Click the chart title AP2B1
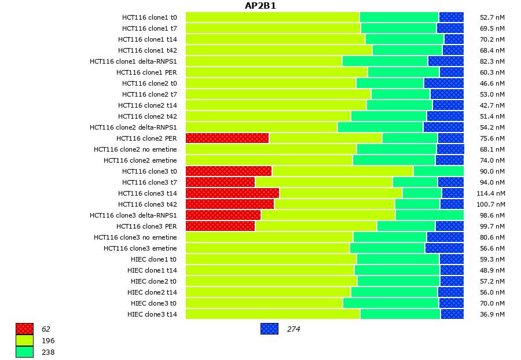[x=260, y=6]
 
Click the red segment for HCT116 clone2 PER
[x=227, y=138]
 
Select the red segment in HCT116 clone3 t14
[x=232, y=193]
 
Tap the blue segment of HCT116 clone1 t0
[x=451, y=17]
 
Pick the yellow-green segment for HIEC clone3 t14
[x=273, y=314]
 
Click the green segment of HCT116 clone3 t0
[x=438, y=171]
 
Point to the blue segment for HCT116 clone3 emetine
[x=444, y=248]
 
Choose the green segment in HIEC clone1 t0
[x=398, y=259]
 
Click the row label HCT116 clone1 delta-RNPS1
[x=133, y=61]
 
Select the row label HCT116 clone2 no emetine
[x=135, y=149]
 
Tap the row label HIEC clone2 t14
[x=152, y=292]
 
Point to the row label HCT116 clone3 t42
[x=148, y=204]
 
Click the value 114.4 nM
[x=490, y=193]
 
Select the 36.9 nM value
[x=492, y=314]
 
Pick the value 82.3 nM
[x=492, y=61]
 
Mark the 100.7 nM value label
[x=490, y=204]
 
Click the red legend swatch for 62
[x=24, y=329]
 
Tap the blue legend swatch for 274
[x=269, y=329]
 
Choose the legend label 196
[x=48, y=340]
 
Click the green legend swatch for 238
[x=24, y=351]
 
